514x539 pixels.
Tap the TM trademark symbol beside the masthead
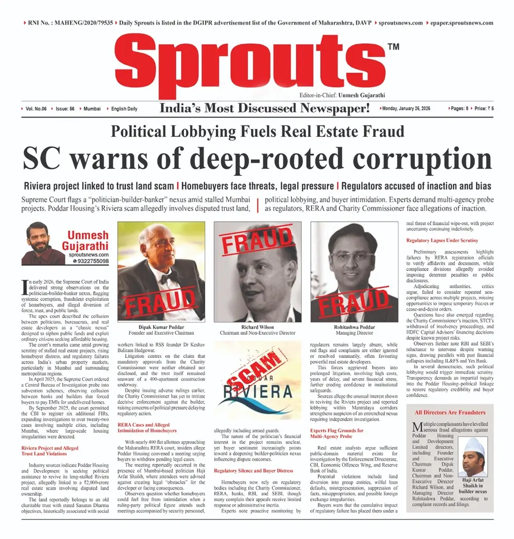click(x=393, y=47)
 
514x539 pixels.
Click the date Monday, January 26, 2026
click(x=412, y=109)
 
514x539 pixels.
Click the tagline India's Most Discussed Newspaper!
click(x=265, y=109)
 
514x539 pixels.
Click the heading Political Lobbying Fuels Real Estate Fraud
click(x=258, y=131)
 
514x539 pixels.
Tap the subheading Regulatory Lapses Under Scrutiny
click(x=442, y=240)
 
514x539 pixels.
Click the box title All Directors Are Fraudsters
click(x=450, y=412)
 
